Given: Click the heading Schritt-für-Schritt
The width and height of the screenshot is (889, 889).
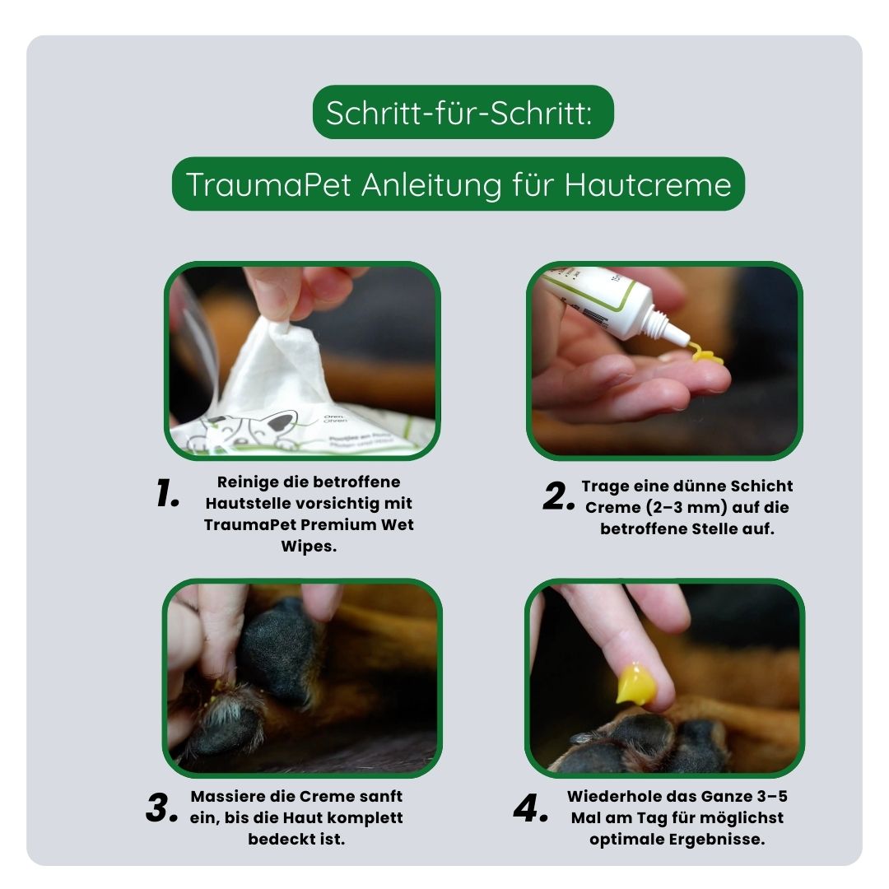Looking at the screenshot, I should [458, 113].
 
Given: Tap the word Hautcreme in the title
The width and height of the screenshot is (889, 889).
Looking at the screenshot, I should [648, 184].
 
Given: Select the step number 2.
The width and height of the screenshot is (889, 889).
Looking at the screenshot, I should [559, 497].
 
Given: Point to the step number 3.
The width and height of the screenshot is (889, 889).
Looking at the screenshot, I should [161, 809].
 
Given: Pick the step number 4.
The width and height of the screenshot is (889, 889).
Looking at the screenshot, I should [531, 809].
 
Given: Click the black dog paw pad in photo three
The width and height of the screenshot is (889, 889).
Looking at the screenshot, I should [281, 650].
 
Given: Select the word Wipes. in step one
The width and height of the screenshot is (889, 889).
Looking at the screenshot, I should [309, 547].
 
